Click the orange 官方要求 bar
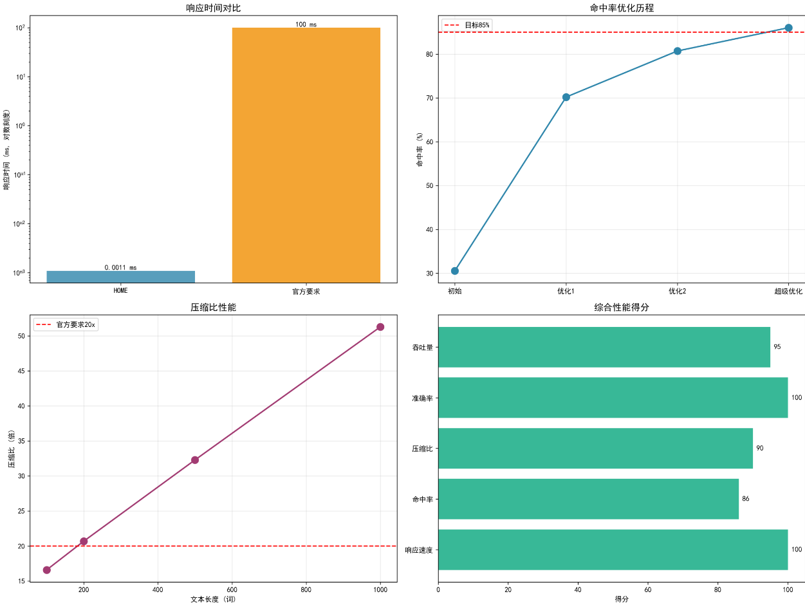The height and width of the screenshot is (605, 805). coord(306,154)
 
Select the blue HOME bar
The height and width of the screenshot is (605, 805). coord(120,277)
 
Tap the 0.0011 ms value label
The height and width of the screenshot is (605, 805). coord(120,268)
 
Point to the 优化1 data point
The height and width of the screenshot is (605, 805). coord(566,97)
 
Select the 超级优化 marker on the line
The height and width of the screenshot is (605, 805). coord(788,28)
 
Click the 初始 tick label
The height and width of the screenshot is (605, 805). coord(455,292)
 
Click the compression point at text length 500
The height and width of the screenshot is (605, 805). coord(195,460)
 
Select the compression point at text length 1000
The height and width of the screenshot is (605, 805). coord(380,327)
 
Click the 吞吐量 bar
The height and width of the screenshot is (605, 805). coord(604,347)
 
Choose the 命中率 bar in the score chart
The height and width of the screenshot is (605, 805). coord(588,499)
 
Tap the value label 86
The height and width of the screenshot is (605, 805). coord(745,499)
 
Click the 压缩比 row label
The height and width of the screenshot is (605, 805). coord(422,449)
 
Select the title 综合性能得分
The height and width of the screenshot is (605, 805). coord(621,308)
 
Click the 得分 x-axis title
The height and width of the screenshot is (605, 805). coord(621,599)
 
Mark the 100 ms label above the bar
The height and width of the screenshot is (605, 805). coord(306,24)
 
